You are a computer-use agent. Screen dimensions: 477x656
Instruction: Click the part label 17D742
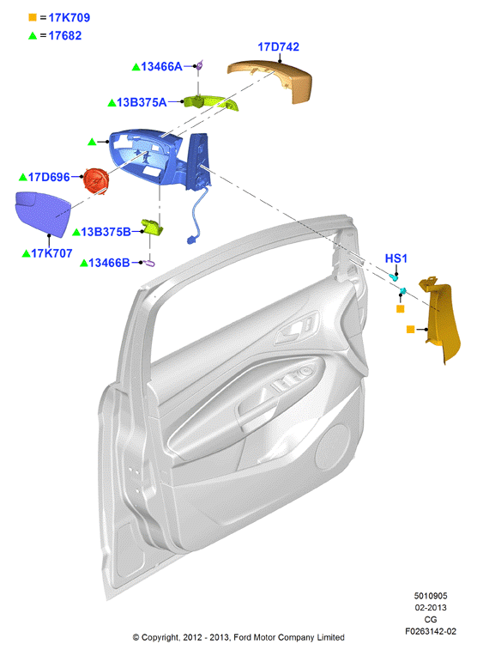(279, 47)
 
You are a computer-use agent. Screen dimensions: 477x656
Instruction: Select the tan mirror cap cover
(274, 80)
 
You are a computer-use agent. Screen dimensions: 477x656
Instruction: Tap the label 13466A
(161, 66)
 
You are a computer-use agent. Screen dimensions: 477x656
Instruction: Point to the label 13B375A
(142, 102)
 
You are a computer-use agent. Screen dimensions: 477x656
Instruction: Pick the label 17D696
(49, 178)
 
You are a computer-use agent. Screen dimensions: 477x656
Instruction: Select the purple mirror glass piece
(42, 214)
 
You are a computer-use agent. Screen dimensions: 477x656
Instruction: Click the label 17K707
(51, 253)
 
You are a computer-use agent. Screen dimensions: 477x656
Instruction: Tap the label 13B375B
(106, 232)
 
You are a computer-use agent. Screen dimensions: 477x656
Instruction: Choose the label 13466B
(109, 263)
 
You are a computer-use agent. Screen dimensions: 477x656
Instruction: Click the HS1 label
(395, 258)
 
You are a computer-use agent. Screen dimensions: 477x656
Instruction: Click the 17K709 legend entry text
(69, 17)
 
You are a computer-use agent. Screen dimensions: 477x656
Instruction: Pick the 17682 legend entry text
(65, 36)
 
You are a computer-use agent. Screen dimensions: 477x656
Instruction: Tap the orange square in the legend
(33, 17)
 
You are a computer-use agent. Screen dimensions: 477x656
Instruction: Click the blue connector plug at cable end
(192, 240)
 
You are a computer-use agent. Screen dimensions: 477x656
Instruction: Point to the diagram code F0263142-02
(431, 631)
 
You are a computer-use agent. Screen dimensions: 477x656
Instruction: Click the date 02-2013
(431, 607)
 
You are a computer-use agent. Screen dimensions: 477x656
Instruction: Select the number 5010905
(431, 596)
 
